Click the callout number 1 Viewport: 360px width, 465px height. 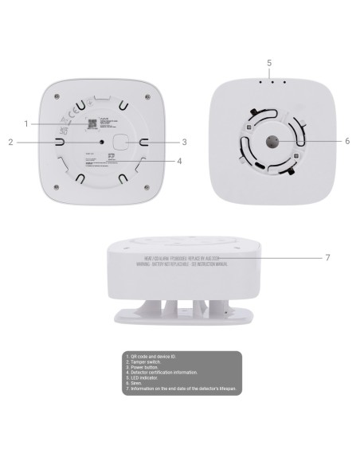click(x=26, y=123)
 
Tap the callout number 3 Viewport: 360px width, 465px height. click(x=184, y=143)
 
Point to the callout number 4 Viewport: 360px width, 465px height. click(x=180, y=160)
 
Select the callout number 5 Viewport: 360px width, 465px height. click(x=268, y=62)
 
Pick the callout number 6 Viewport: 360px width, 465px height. click(x=347, y=141)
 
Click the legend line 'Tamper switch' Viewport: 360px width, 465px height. click(x=148, y=361)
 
